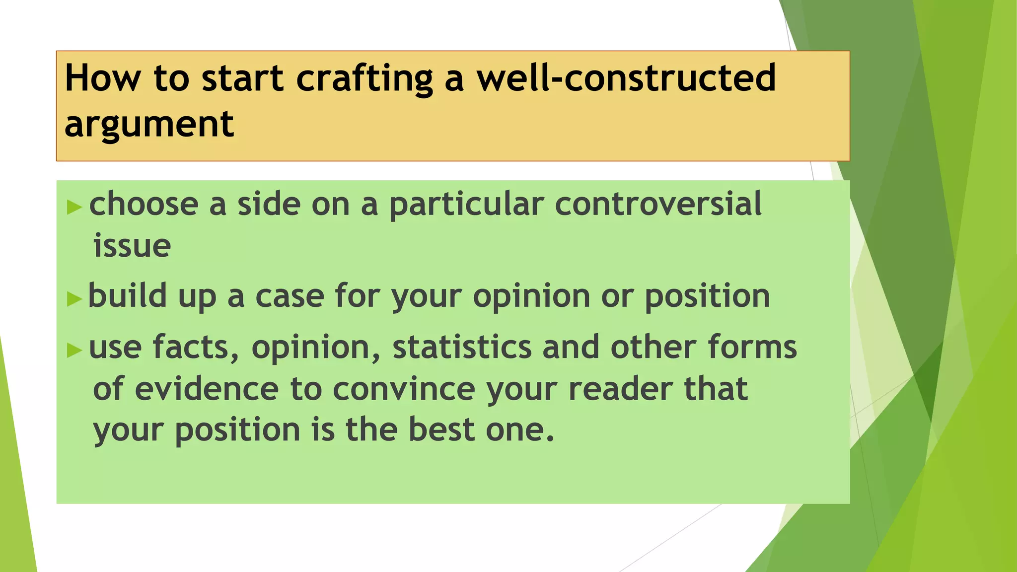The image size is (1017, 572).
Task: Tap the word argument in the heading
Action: pos(149,124)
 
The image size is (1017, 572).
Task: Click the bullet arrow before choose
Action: pos(74,207)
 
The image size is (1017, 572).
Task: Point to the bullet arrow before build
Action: pos(74,299)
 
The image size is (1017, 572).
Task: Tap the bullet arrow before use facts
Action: pos(74,350)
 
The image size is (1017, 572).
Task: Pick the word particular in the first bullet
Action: pos(466,205)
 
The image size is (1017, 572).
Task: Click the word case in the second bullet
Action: pos(289,296)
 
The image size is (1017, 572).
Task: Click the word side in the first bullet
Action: pos(269,204)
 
